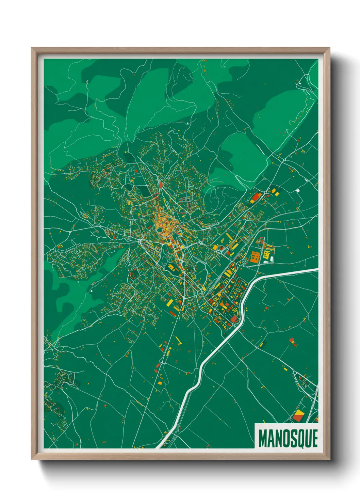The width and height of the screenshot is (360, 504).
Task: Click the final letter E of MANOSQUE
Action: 315,438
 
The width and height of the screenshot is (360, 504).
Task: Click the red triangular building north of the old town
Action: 160,185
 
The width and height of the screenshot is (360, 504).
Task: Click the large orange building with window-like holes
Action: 255,257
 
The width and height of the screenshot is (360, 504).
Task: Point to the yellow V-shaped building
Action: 179,341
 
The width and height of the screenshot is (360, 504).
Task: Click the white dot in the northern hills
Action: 187,123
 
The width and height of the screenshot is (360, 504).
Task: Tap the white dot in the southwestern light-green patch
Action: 92,291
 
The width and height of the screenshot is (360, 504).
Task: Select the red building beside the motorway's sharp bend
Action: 234,319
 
